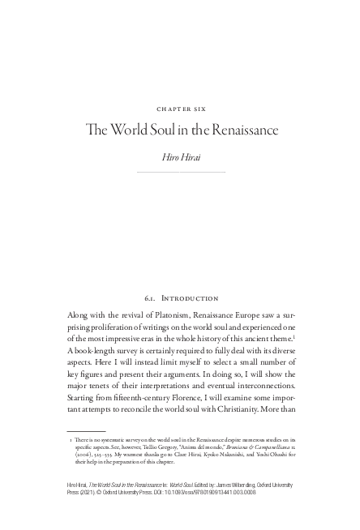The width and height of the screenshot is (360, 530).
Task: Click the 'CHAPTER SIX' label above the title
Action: point(179,107)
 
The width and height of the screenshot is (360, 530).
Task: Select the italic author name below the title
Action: point(180,156)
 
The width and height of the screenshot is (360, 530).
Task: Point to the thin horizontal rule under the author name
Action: point(180,172)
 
